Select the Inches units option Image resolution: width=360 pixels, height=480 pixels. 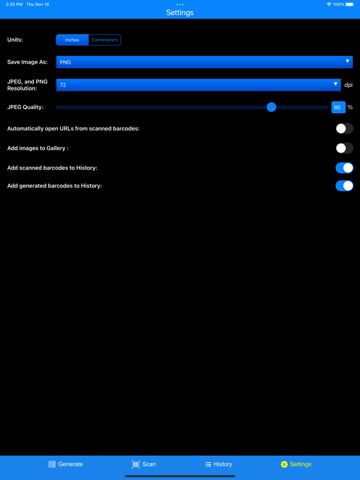pyautogui.click(x=72, y=40)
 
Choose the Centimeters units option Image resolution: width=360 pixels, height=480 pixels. pyautogui.click(x=104, y=40)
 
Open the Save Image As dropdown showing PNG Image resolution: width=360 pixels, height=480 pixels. pyautogui.click(x=204, y=62)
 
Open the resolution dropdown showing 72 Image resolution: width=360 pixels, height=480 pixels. pyautogui.click(x=198, y=85)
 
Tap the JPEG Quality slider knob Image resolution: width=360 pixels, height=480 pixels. pyautogui.click(x=272, y=107)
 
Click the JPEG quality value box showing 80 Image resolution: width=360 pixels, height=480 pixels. pyautogui.click(x=338, y=107)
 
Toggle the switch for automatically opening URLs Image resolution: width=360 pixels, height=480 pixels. pyautogui.click(x=344, y=128)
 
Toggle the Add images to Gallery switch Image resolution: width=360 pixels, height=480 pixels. pyautogui.click(x=344, y=149)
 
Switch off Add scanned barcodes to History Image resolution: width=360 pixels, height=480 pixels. pyautogui.click(x=344, y=168)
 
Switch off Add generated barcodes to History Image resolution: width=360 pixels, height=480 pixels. pyautogui.click(x=344, y=186)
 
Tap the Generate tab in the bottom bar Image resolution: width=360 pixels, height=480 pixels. pyautogui.click(x=65, y=464)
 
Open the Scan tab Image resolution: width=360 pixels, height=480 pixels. pyautogui.click(x=143, y=464)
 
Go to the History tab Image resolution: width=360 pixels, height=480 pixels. pyautogui.click(x=218, y=464)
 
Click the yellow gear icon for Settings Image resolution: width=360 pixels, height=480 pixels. pyautogui.click(x=284, y=464)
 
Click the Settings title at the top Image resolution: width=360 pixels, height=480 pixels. pyautogui.click(x=179, y=13)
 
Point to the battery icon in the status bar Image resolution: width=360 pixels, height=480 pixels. pyautogui.click(x=350, y=4)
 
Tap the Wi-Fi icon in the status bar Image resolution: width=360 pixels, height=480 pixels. pyautogui.click(x=329, y=4)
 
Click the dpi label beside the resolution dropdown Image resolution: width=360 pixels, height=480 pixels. pyautogui.click(x=349, y=85)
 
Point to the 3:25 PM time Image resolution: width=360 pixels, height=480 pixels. pyautogui.click(x=14, y=4)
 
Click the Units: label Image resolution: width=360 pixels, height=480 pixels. pyautogui.click(x=15, y=40)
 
